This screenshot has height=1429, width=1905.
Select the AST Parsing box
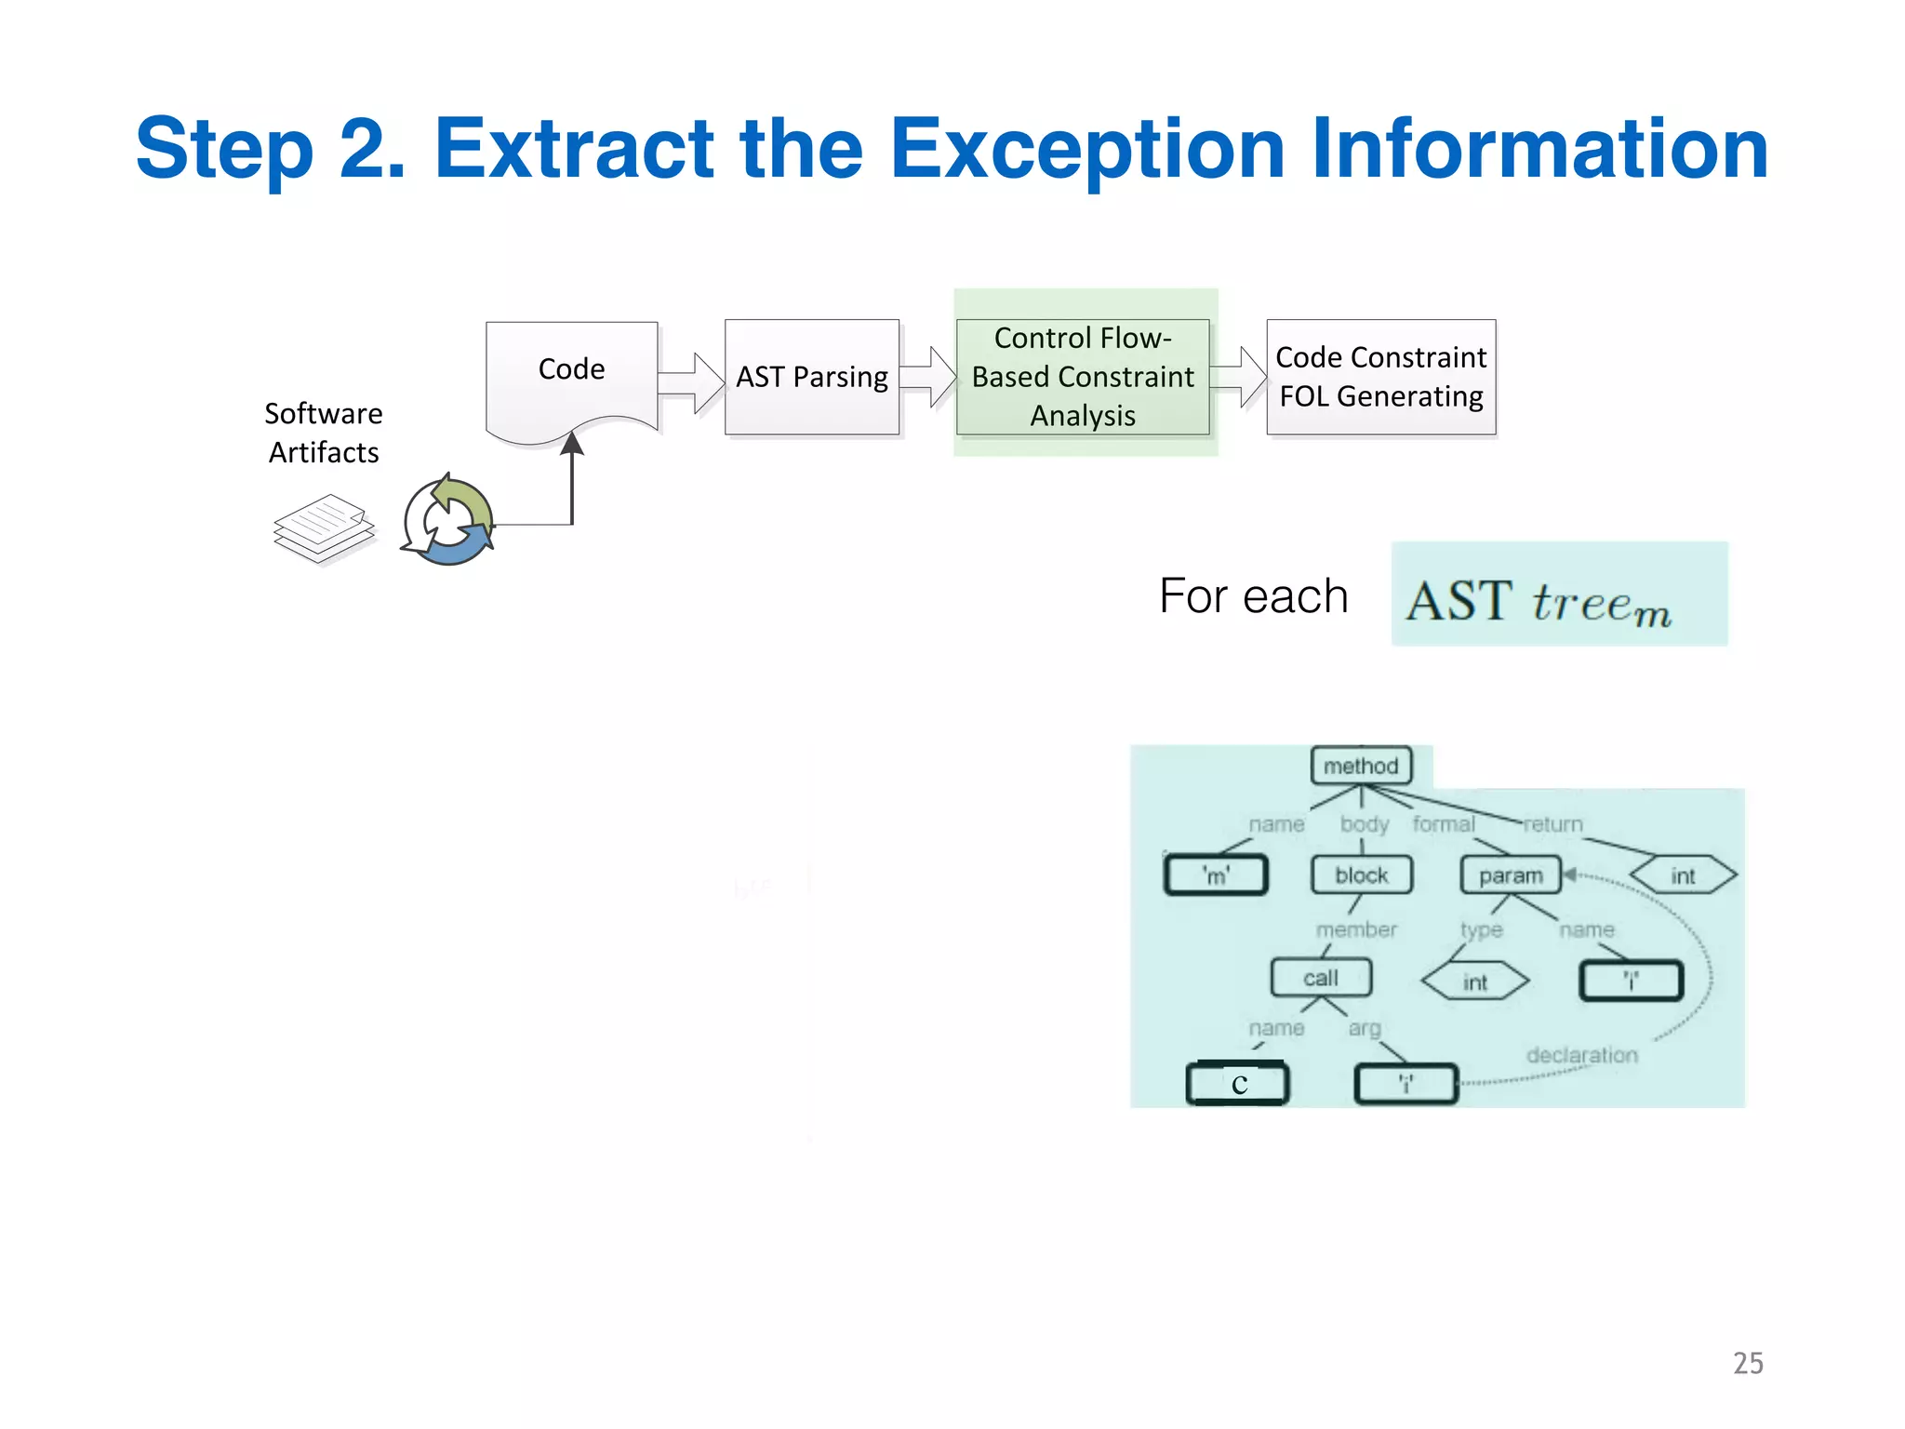coord(812,377)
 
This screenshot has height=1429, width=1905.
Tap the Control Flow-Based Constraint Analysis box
coord(1083,377)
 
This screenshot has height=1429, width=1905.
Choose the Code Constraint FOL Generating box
coord(1380,377)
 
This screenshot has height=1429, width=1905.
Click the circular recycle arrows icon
coord(448,522)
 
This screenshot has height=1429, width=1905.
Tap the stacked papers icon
coord(324,528)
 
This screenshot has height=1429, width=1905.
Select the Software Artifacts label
coord(324,433)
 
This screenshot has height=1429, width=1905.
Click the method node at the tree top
coord(1361,766)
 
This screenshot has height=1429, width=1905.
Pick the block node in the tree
coord(1361,875)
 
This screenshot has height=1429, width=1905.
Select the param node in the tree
coord(1511,875)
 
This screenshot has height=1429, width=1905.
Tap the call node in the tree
coord(1321,978)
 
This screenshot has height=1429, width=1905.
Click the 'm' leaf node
coord(1216,875)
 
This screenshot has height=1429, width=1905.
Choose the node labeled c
coord(1238,1084)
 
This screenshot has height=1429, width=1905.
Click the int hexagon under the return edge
coord(1683,875)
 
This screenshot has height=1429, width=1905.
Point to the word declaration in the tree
coord(1581,1055)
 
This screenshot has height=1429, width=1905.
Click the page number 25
coord(1748,1363)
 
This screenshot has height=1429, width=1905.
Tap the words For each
coord(1253,595)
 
